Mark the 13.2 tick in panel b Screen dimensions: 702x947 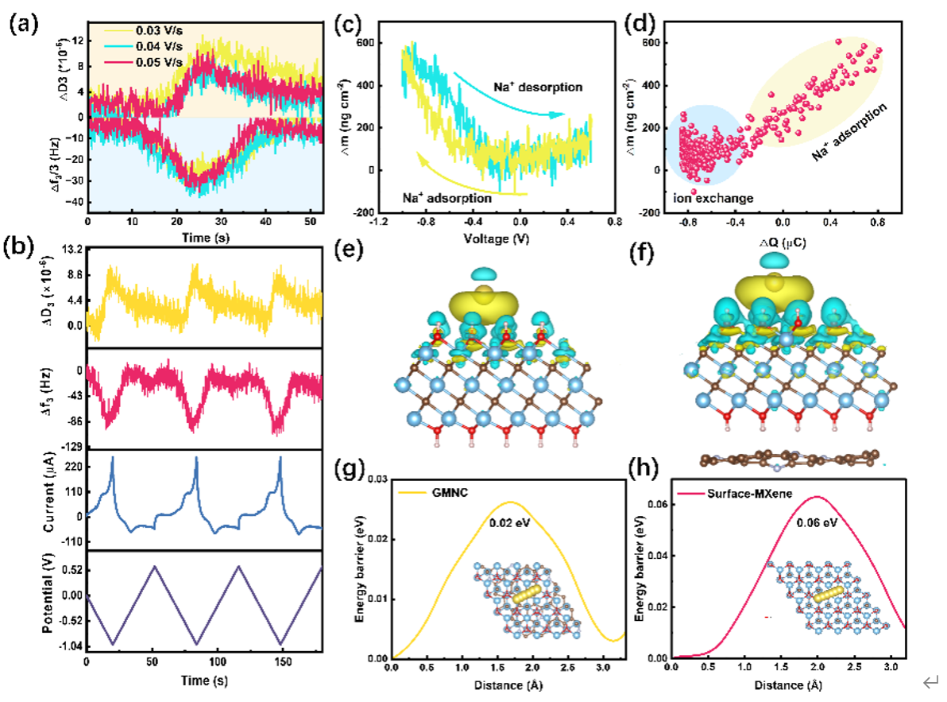tap(71, 250)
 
